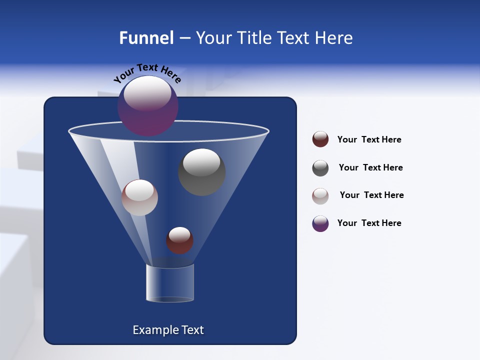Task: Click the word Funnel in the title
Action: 146,38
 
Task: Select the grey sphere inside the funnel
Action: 201,172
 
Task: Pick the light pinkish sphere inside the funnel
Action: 139,197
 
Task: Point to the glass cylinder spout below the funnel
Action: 169,283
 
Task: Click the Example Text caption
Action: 168,330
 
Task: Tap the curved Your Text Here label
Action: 147,73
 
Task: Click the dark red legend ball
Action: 320,139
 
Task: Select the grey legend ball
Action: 320,168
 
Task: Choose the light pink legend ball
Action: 320,196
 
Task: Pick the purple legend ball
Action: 320,223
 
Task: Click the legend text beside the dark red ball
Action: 369,139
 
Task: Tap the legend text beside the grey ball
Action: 370,167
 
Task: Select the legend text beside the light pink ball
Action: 371,195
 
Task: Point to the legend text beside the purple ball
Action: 369,223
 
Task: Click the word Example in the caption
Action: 155,330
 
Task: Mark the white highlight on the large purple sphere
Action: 147,93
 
